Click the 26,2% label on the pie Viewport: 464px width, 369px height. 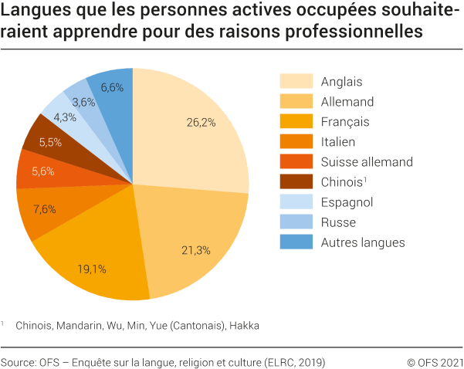click(x=201, y=121)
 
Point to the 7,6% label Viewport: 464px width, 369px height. click(x=45, y=210)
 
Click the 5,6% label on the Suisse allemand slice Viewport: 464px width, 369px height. click(x=42, y=171)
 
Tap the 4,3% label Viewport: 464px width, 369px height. click(x=64, y=117)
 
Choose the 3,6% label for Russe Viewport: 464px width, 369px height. click(x=83, y=101)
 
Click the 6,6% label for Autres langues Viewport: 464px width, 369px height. click(x=112, y=87)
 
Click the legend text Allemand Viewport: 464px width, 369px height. click(x=347, y=101)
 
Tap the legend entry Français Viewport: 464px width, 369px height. click(x=345, y=121)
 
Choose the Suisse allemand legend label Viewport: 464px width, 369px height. click(x=367, y=161)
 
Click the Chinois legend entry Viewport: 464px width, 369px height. click(x=342, y=182)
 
